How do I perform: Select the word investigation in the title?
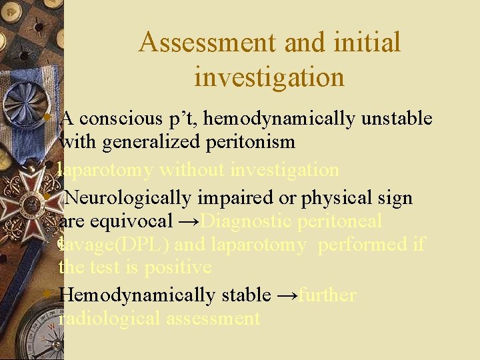[269, 77]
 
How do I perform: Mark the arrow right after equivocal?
[189, 221]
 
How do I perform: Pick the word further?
[327, 295]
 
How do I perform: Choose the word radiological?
[111, 319]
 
